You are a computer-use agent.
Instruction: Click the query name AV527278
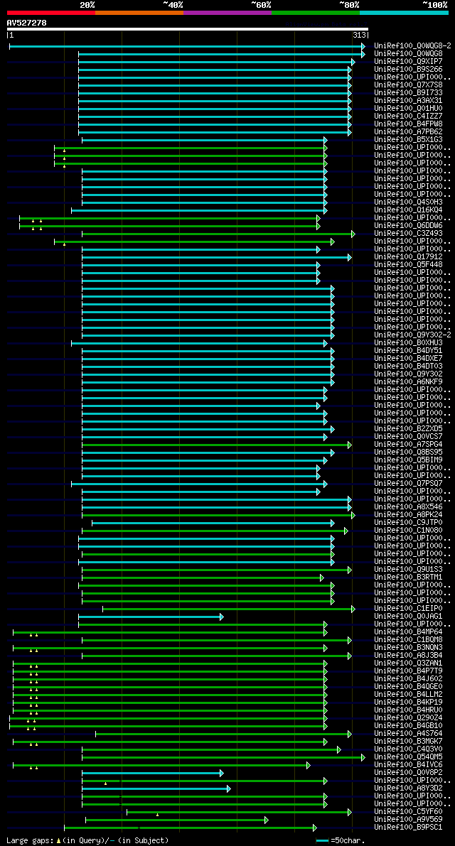tap(27, 23)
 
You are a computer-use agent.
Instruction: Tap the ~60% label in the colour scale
tap(261, 4)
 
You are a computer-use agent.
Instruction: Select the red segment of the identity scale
tap(50, 12)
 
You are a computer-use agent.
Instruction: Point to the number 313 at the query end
tap(359, 35)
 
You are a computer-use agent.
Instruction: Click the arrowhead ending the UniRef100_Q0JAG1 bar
tap(222, 617)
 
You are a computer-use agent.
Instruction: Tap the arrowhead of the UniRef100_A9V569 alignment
tap(267, 820)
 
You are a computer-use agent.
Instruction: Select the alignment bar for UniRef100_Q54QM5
tap(213, 757)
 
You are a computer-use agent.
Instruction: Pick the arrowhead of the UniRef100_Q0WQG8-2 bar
tap(363, 46)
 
